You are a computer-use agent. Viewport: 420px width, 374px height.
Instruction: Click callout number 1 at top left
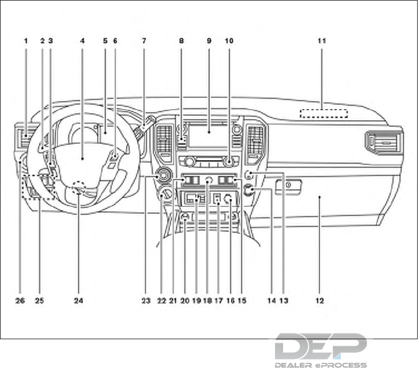tap(26, 41)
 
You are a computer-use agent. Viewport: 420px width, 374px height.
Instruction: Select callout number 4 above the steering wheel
tap(82, 41)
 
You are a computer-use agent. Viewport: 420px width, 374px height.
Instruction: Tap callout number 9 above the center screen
tap(208, 41)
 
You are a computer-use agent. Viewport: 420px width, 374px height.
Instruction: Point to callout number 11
tap(322, 41)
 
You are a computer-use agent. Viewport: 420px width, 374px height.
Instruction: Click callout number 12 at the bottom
tap(320, 300)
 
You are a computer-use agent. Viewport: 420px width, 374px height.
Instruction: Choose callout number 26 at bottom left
tap(21, 300)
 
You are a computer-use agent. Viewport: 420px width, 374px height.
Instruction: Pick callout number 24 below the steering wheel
tap(78, 300)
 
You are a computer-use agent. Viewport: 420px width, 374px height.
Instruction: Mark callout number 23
tap(145, 300)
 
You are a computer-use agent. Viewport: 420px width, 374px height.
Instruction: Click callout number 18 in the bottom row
tap(207, 300)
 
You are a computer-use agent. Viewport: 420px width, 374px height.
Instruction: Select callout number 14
tap(271, 300)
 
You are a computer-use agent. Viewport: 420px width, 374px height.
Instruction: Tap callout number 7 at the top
tap(143, 41)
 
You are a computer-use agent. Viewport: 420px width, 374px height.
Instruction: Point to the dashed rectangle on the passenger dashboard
tap(324, 114)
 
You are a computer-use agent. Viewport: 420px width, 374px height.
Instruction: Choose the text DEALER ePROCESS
tap(320, 365)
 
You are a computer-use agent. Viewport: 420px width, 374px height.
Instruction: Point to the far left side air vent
tap(26, 139)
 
